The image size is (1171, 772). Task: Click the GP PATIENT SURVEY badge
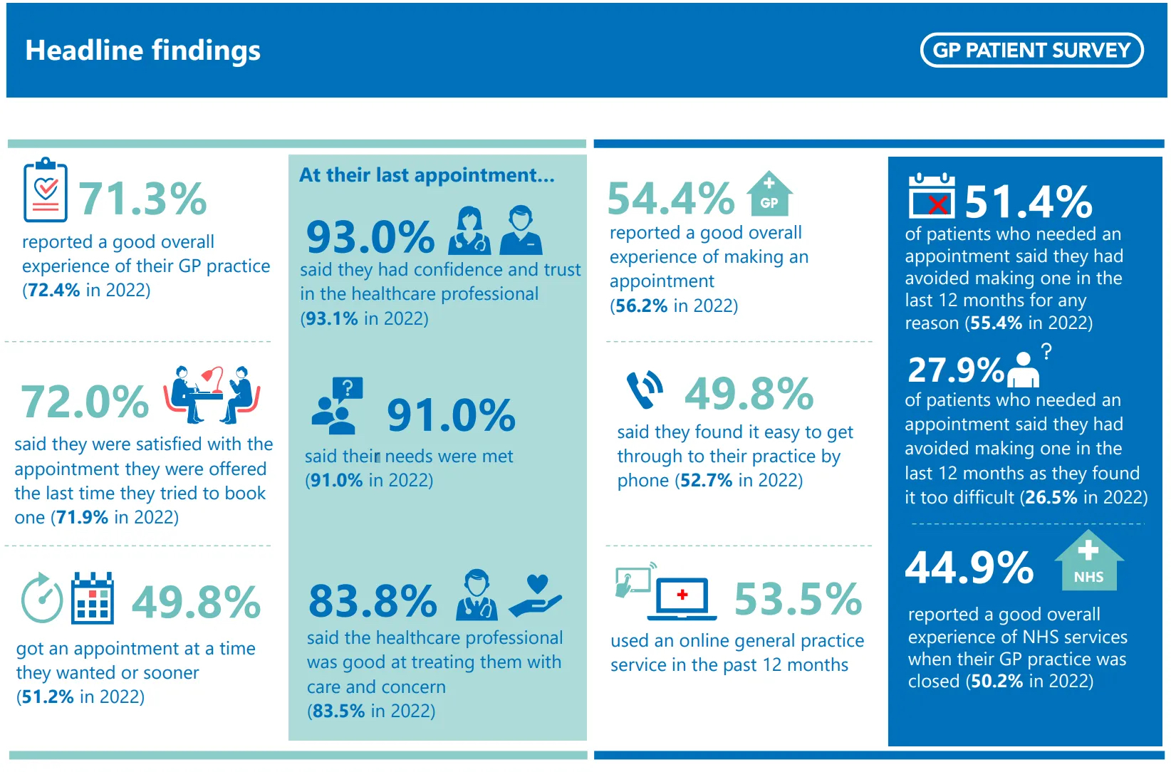[1031, 50]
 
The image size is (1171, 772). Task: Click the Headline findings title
[143, 51]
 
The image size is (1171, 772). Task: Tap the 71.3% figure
[142, 198]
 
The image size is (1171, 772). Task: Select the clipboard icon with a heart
[46, 190]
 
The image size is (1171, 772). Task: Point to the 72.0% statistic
[85, 402]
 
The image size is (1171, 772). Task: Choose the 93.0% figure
[370, 236]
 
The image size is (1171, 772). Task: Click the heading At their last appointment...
[427, 175]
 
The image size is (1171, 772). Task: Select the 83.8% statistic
[373, 600]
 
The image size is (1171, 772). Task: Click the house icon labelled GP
[769, 194]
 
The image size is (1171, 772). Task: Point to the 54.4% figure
[671, 198]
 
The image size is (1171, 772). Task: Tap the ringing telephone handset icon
[645, 390]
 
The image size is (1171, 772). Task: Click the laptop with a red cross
[682, 597]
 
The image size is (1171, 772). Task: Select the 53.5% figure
[798, 599]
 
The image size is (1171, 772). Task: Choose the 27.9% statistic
[955, 370]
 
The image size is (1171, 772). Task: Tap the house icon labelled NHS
[1088, 561]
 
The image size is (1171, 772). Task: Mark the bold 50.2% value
[996, 682]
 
